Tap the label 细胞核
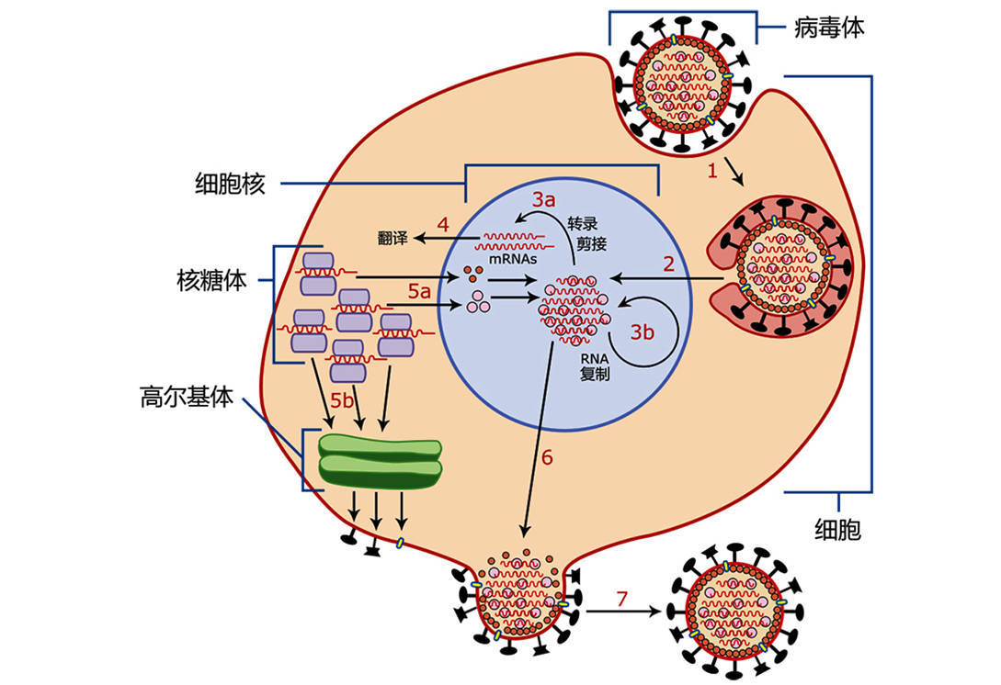[x=230, y=184]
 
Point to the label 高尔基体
[x=187, y=397]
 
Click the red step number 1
[x=711, y=171]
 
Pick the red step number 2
[x=670, y=264]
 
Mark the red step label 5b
[x=342, y=401]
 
